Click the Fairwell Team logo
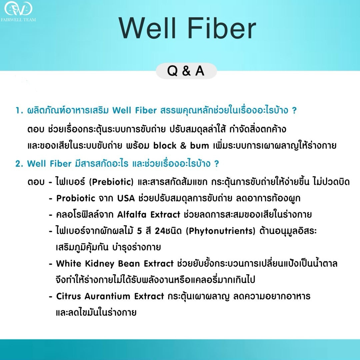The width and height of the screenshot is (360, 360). point(18,10)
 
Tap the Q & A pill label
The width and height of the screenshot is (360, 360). point(186,71)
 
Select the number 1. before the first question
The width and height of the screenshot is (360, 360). point(19,111)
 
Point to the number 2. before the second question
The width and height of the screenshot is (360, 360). point(19,164)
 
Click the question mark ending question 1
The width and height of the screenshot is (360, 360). point(294,111)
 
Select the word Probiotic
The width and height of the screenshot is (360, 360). point(76,198)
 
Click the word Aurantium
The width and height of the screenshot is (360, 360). point(108,296)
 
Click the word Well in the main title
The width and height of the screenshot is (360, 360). point(148,28)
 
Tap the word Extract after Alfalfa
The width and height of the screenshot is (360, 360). point(165,215)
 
